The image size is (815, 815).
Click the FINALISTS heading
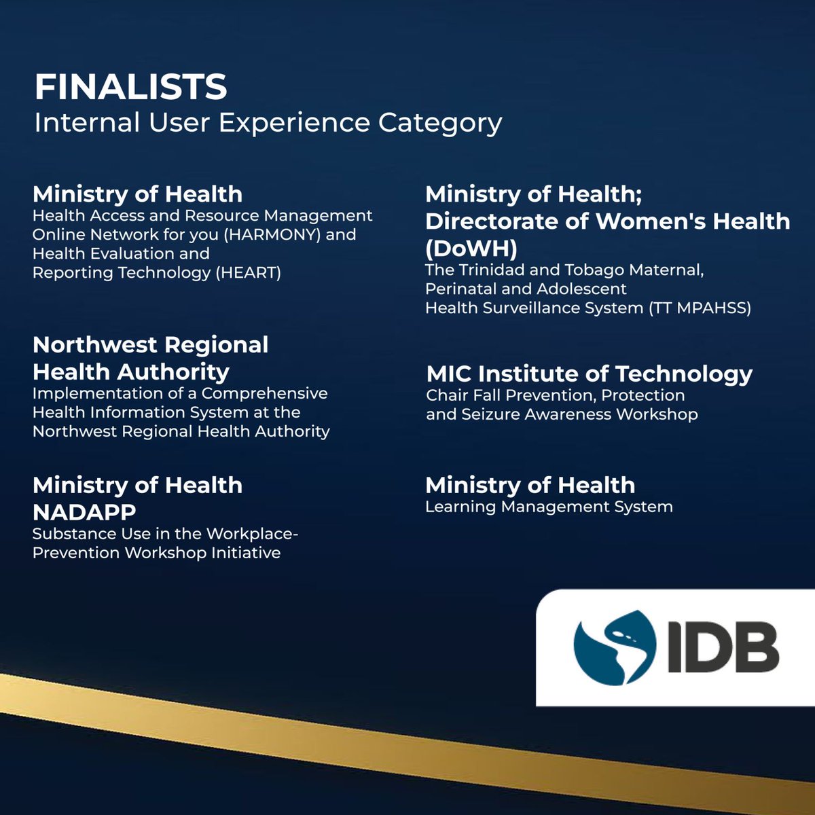[x=130, y=87]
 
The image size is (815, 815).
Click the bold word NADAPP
[x=84, y=511]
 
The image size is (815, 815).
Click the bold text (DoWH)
[x=471, y=249]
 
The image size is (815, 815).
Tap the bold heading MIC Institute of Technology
[x=589, y=374]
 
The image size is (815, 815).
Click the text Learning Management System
[x=549, y=507]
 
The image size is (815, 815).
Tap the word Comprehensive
[x=264, y=394]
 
